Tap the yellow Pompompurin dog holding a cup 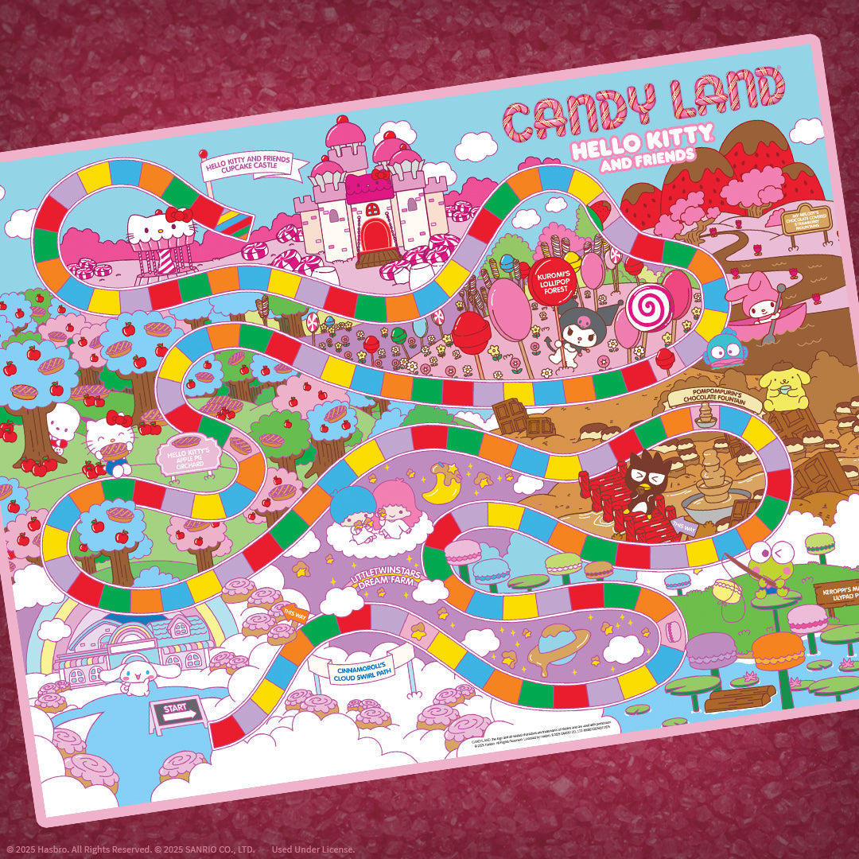[x=783, y=387]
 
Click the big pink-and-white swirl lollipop [x=649, y=308]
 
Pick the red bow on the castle [x=382, y=174]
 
